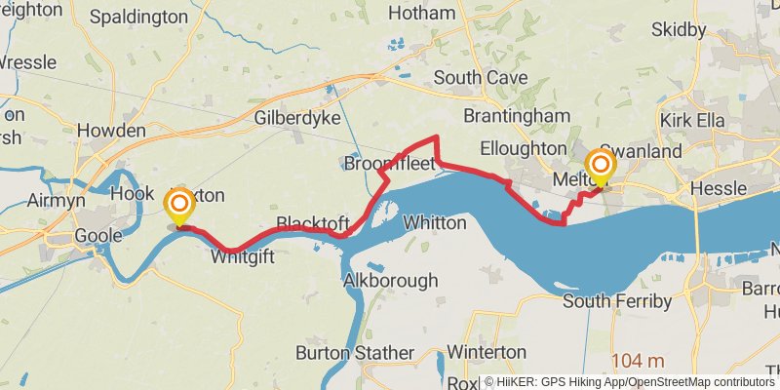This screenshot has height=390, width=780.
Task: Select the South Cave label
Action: pos(481,77)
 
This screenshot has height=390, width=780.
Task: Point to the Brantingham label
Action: pos(516,116)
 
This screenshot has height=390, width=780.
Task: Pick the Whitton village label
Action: pos(435,222)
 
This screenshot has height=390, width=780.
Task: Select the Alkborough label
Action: pos(391,281)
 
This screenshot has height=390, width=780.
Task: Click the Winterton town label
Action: pos(487,351)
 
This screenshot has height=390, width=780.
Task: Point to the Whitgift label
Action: pos(242,257)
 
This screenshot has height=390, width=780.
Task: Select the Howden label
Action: pos(111,131)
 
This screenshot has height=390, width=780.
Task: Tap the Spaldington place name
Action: pos(137,17)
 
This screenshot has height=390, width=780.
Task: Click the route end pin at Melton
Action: pos(599,166)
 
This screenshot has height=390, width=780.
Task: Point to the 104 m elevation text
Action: pos(638,362)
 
